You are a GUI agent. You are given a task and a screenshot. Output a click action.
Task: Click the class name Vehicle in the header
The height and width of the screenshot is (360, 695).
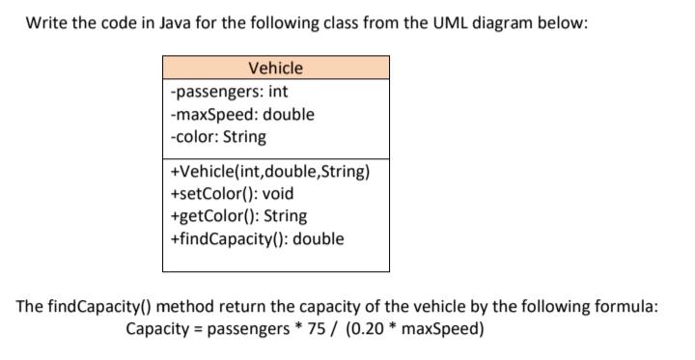[275, 68]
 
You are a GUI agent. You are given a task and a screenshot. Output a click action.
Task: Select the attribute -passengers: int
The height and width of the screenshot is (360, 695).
[228, 92]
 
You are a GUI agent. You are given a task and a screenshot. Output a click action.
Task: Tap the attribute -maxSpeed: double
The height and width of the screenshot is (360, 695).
[241, 114]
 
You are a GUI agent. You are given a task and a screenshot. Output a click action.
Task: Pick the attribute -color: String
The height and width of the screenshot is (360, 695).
[218, 136]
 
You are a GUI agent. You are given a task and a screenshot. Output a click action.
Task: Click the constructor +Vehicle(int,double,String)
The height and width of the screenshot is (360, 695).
[269, 172]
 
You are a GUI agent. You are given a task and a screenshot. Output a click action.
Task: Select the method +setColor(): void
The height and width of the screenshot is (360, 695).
[232, 193]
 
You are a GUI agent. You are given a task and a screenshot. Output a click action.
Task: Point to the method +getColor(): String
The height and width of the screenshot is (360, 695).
[238, 215]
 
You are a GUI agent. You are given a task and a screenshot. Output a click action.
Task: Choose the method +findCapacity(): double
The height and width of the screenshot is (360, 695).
[256, 237]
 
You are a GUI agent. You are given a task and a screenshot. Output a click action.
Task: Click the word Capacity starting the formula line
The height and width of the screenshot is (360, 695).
[158, 328]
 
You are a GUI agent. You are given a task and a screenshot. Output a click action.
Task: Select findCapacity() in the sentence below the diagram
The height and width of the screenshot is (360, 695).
[97, 306]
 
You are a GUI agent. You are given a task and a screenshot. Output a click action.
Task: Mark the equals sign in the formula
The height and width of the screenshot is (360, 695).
[200, 328]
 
